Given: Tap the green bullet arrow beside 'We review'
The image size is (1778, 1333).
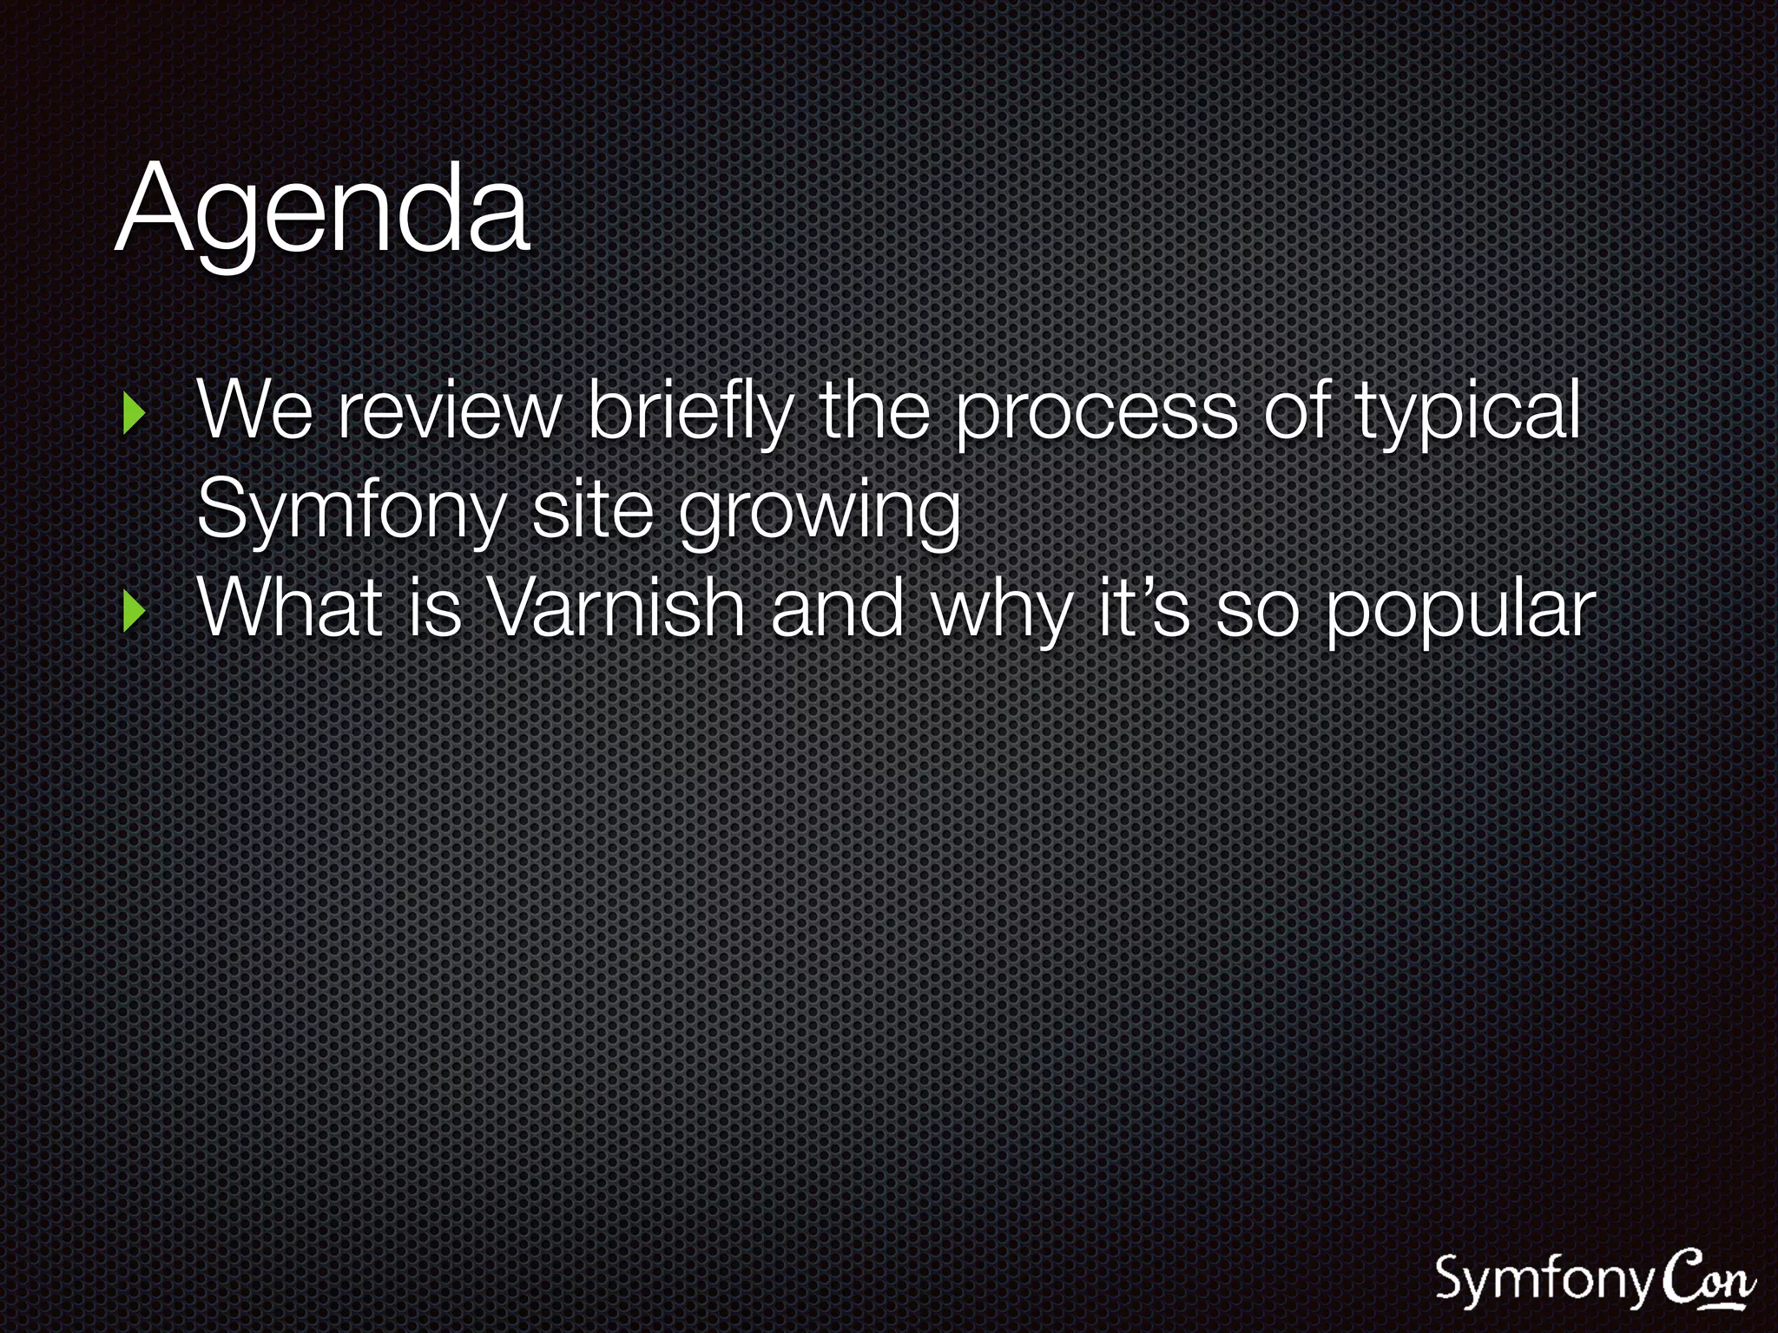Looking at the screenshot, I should [x=133, y=414].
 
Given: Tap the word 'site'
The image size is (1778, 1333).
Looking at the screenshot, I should [x=591, y=509].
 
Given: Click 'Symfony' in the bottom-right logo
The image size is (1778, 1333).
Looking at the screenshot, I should [x=1544, y=1280].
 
